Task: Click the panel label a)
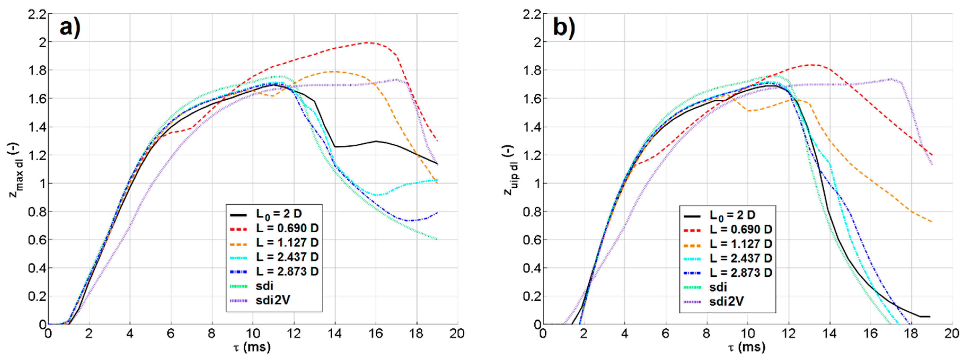[70, 28]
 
